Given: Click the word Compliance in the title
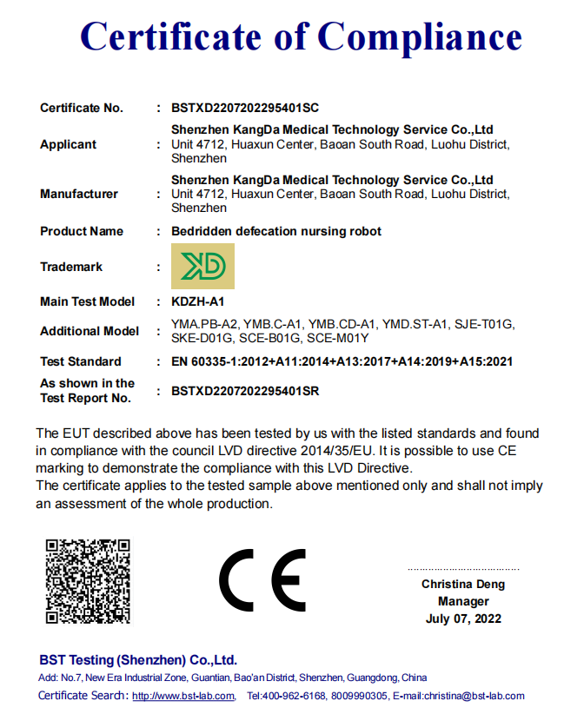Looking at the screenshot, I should click(x=419, y=36).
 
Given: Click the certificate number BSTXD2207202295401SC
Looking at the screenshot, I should click(x=246, y=109).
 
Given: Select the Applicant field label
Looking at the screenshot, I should click(x=68, y=144).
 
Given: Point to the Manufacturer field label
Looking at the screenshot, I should click(x=79, y=194).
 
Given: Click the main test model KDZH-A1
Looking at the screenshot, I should click(x=198, y=301).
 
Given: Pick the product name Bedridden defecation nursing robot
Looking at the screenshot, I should click(x=276, y=231).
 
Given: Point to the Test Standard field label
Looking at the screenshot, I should click(x=81, y=361).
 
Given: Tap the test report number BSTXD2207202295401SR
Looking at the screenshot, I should click(x=246, y=391).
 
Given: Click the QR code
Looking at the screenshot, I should click(x=88, y=580).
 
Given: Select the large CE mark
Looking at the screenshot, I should click(x=262, y=580).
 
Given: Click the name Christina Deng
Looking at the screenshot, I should click(x=463, y=584).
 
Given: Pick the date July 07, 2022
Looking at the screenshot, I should click(x=463, y=618).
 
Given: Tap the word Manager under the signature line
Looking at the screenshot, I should click(x=463, y=601).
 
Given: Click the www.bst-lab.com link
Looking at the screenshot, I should click(x=183, y=696).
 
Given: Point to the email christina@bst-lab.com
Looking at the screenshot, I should click(x=476, y=696).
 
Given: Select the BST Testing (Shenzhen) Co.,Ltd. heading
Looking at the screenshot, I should click(x=138, y=660).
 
